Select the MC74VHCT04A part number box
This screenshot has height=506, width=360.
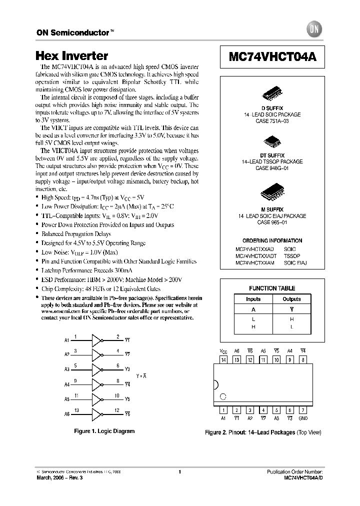(272, 57)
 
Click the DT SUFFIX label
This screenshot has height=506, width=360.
(272, 155)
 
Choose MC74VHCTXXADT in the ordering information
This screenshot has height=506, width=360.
(255, 255)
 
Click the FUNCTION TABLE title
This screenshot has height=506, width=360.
(272, 288)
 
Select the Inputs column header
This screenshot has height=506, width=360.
(253, 299)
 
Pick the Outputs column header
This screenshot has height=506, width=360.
(291, 299)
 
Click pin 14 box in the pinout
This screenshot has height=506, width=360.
(223, 359)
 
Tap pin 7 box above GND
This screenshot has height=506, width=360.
(303, 409)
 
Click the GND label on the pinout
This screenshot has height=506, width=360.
(303, 418)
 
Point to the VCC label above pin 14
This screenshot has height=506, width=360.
(223, 351)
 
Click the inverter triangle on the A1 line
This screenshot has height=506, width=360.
(95, 340)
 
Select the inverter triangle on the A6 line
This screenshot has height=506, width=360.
(95, 413)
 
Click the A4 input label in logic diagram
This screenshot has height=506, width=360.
(66, 384)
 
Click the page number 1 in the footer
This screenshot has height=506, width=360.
(179, 471)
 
